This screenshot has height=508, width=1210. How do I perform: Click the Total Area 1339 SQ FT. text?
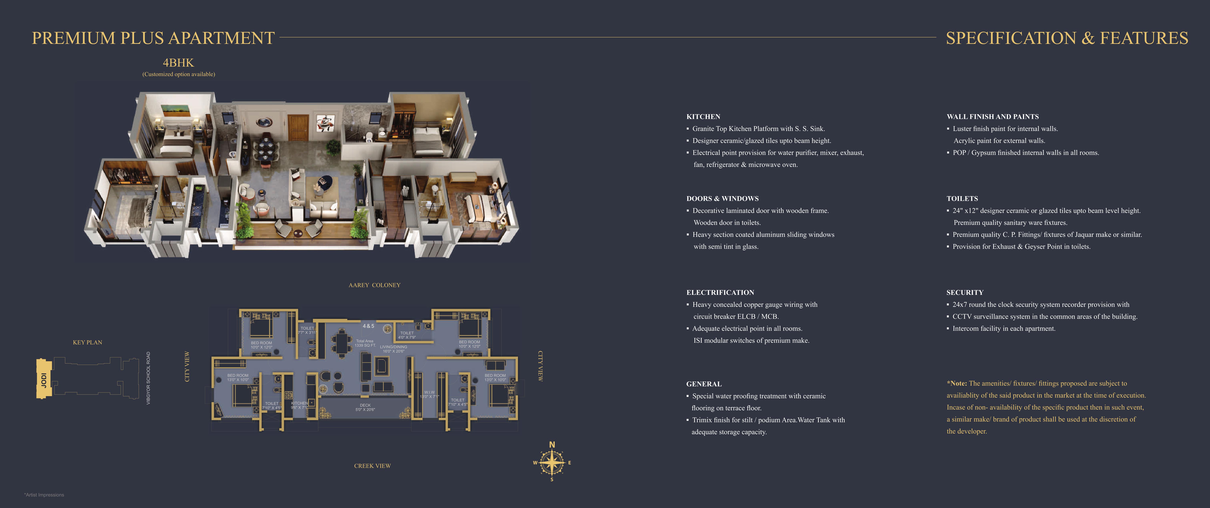pos(365,343)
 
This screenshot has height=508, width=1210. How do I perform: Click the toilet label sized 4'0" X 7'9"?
pos(407,335)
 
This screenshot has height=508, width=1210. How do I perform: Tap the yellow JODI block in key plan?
pos(44,379)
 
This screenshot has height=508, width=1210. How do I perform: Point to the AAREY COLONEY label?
pos(374,285)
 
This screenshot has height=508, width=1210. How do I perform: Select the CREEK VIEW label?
pos(373,466)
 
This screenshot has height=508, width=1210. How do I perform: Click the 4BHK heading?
pos(178,62)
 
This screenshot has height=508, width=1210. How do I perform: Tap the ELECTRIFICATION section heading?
pos(720,292)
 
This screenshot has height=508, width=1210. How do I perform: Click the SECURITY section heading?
pos(965,292)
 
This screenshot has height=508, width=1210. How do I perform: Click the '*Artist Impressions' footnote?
pos(44,495)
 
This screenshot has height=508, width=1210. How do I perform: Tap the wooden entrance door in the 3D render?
pos(298,128)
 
